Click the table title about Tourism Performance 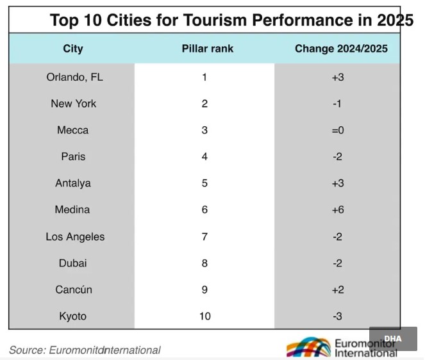click(x=231, y=20)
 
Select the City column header click(x=73, y=49)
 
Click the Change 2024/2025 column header click(x=340, y=49)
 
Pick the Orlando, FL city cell click(x=74, y=78)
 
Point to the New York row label click(x=74, y=104)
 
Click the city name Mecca click(x=73, y=130)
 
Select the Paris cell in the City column click(x=73, y=156)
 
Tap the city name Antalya click(x=73, y=183)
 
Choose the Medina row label click(x=73, y=209)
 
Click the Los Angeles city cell click(x=75, y=236)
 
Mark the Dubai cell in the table click(x=73, y=263)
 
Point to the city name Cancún click(x=73, y=290)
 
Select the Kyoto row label click(x=73, y=316)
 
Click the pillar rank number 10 click(x=204, y=316)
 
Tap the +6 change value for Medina click(x=337, y=209)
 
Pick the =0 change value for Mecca click(x=337, y=130)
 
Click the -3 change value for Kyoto click(x=337, y=316)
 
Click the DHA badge click(x=392, y=339)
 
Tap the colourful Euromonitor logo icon click(x=308, y=348)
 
